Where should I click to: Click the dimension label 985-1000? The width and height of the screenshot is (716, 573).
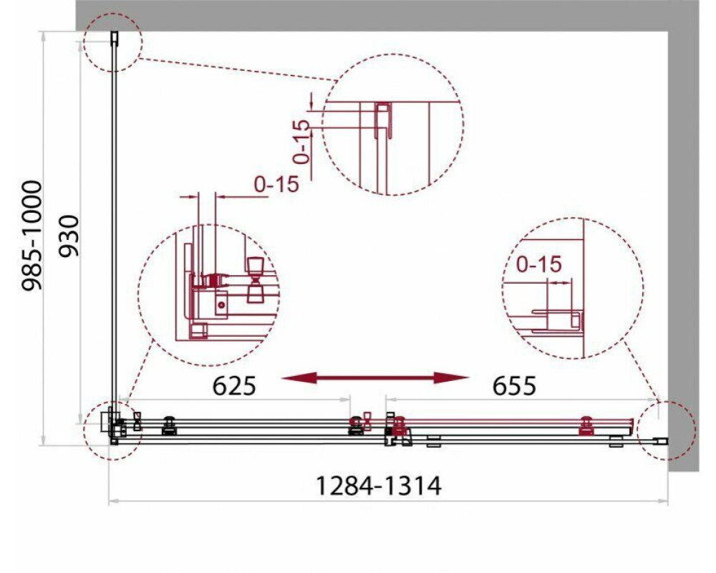tap(32, 236)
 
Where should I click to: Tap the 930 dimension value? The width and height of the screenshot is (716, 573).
tap(70, 236)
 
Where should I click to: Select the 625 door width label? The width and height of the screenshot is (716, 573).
tap(234, 386)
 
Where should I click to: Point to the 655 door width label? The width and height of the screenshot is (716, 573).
tap(514, 386)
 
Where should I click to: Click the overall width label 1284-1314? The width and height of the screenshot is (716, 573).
tap(379, 486)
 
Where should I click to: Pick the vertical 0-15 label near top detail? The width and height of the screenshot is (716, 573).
tap(301, 142)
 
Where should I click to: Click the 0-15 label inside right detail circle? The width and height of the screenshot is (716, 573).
tap(539, 264)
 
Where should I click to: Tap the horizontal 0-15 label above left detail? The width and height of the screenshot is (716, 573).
tap(276, 184)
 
